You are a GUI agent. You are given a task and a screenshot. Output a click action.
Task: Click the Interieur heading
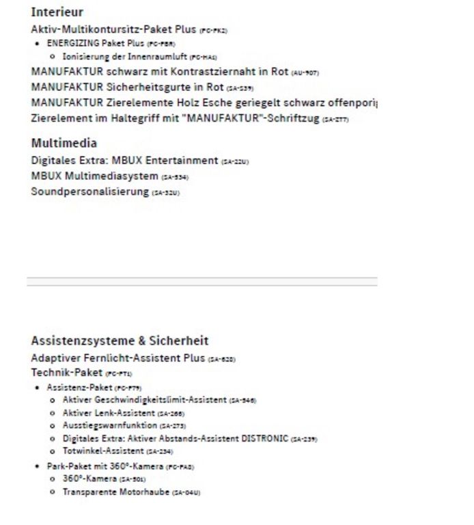(x=57, y=12)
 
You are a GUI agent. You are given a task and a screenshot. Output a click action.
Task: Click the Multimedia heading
(x=64, y=144)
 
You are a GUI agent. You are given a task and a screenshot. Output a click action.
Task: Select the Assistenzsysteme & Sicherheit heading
(x=120, y=340)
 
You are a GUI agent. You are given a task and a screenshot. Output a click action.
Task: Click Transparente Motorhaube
(x=115, y=492)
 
